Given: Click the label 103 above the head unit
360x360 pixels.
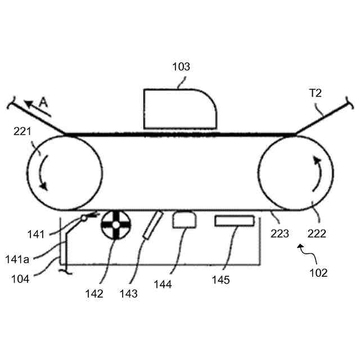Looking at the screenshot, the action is click(181, 67).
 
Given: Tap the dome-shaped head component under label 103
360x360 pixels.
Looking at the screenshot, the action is click(180, 108).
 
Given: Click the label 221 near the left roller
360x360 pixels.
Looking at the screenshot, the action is click(23, 133).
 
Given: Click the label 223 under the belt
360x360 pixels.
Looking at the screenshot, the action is click(280, 232).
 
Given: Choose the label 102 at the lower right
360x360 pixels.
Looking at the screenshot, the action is click(318, 274).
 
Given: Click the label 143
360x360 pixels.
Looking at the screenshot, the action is click(129, 293).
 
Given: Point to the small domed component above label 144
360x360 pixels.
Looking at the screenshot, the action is click(182, 219).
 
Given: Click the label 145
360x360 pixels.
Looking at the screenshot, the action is click(220, 280).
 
